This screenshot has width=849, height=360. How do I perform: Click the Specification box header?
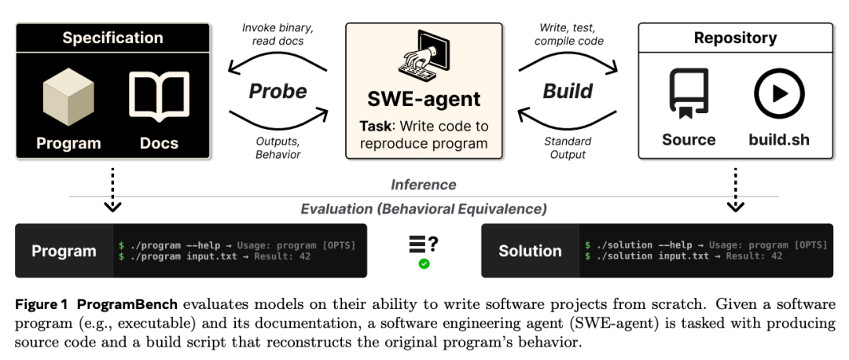point(112,38)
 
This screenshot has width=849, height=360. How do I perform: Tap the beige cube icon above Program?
point(68,97)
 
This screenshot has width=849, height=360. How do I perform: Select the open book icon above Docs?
point(159,97)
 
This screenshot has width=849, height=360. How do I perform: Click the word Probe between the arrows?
point(277,91)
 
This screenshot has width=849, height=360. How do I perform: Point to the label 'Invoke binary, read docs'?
point(277,34)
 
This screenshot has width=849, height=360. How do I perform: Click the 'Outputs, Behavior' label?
point(277,148)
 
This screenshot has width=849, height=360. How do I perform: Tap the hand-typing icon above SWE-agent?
point(424,56)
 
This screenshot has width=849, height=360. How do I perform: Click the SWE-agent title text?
point(424,99)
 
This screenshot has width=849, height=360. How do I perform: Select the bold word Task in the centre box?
point(375,126)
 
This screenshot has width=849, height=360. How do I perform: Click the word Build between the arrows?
point(568,91)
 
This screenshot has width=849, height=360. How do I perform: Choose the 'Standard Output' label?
point(568,148)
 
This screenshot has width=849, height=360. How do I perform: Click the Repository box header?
point(735,38)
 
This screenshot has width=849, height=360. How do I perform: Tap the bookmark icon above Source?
point(689,93)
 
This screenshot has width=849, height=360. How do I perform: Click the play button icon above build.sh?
point(779,94)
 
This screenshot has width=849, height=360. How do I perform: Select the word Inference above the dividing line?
point(424,185)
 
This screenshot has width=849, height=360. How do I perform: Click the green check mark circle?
point(424,264)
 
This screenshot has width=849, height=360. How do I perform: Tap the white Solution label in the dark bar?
point(530,251)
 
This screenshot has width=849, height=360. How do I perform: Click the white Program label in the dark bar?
point(64,251)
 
